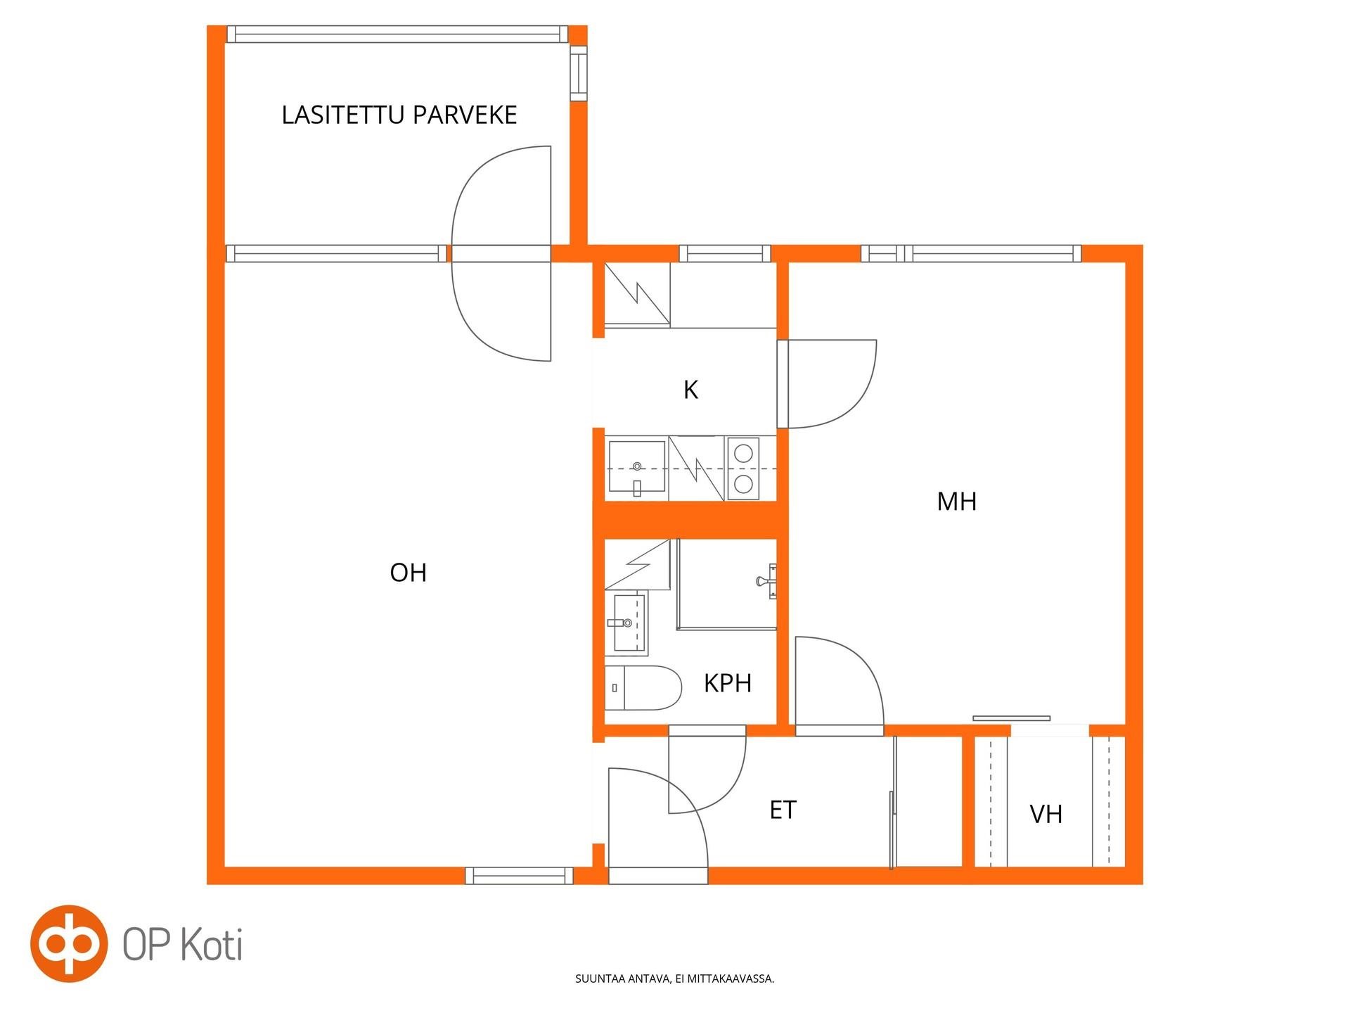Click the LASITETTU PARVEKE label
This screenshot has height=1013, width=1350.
click(x=399, y=115)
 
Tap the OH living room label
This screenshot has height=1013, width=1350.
click(x=409, y=573)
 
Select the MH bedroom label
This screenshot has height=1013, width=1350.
click(x=957, y=502)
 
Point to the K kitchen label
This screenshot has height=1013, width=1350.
click(x=690, y=390)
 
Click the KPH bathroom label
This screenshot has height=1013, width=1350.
click(x=728, y=683)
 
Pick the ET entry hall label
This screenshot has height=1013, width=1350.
click(x=783, y=810)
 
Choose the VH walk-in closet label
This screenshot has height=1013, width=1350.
click(x=1046, y=815)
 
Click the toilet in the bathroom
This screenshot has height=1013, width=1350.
click(x=643, y=688)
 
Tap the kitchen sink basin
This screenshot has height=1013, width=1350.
click(x=636, y=466)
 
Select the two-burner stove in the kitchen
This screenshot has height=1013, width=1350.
click(x=743, y=468)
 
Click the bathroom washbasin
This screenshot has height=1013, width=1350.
click(x=630, y=623)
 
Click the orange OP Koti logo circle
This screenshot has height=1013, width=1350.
click(x=69, y=943)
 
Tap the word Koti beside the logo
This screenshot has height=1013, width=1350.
click(x=212, y=944)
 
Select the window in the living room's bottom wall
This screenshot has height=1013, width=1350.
click(x=519, y=876)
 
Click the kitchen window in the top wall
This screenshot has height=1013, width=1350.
click(x=725, y=253)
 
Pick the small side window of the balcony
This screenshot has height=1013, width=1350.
click(x=578, y=73)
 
